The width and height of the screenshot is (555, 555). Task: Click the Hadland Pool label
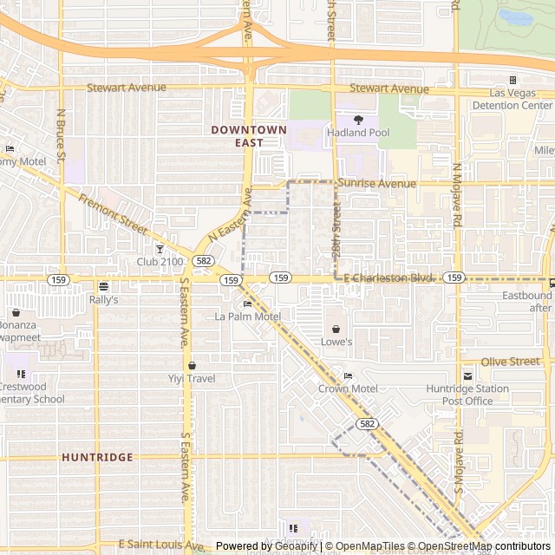point(357,133)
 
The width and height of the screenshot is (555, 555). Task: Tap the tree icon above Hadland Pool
point(357,120)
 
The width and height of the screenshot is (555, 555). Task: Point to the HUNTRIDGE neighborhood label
point(98,457)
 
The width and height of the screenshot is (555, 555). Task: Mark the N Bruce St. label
point(61,135)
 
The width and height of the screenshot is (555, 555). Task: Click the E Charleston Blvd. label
point(388,277)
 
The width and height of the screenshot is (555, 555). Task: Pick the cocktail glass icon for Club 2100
point(159,249)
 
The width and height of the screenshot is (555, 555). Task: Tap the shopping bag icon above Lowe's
point(336,329)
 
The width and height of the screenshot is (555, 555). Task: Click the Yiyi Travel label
point(191,378)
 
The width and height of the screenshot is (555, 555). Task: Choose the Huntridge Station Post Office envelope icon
point(467,375)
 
